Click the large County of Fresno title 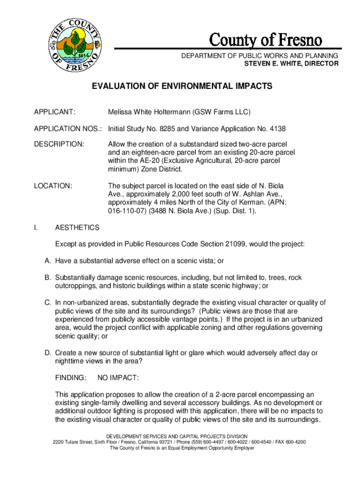[x=265, y=40]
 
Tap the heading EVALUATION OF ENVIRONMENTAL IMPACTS [x=182, y=87]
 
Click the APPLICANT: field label [x=55, y=112]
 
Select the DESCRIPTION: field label [x=59, y=144]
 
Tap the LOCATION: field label [x=53, y=186]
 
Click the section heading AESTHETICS [x=77, y=228]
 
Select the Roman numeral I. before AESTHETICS [x=36, y=228]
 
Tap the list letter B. [x=47, y=277]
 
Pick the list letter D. [x=47, y=353]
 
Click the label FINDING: [x=71, y=377]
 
